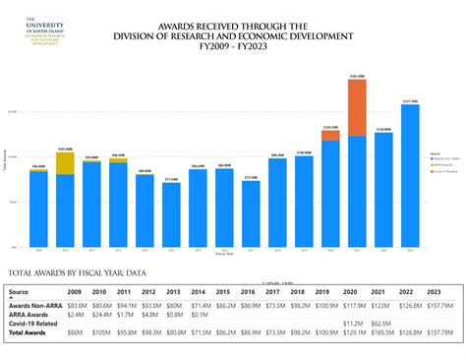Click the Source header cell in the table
click(x=20, y=292)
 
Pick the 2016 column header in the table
click(x=247, y=292)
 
